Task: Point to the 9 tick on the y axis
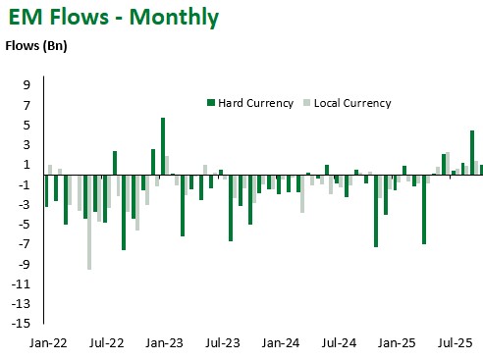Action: click(30, 85)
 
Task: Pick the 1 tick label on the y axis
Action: click(30, 165)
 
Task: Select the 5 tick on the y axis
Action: click(30, 125)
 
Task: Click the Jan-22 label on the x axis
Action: click(47, 344)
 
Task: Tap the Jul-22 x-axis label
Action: click(106, 344)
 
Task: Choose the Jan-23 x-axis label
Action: click(164, 344)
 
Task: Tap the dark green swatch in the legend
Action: click(210, 103)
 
